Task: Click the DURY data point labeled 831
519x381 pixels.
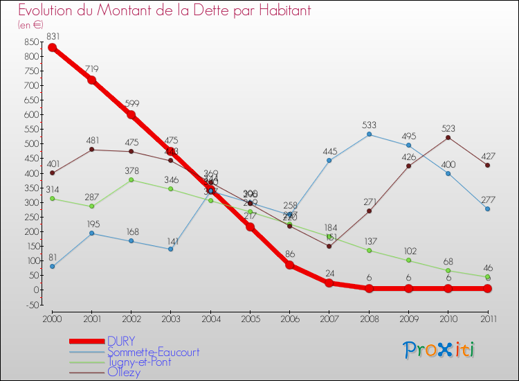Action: (52, 48)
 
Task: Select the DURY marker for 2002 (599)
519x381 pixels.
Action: (131, 115)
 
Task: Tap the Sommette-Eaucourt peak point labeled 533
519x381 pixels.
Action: (369, 134)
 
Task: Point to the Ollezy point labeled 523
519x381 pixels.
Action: (448, 137)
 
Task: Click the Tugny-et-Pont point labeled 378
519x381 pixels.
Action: (131, 180)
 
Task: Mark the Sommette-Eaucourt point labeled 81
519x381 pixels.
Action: (52, 266)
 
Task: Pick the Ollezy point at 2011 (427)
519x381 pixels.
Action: (488, 165)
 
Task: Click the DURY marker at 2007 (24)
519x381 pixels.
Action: (329, 283)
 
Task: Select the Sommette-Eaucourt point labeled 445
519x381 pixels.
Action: (329, 160)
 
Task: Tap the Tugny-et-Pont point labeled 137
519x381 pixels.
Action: (369, 250)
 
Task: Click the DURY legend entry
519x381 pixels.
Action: (121, 341)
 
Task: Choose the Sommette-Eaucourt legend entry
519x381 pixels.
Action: (153, 352)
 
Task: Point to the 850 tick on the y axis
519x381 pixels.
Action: (30, 42)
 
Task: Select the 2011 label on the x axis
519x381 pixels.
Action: (488, 319)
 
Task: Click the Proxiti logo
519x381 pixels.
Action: (439, 350)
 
